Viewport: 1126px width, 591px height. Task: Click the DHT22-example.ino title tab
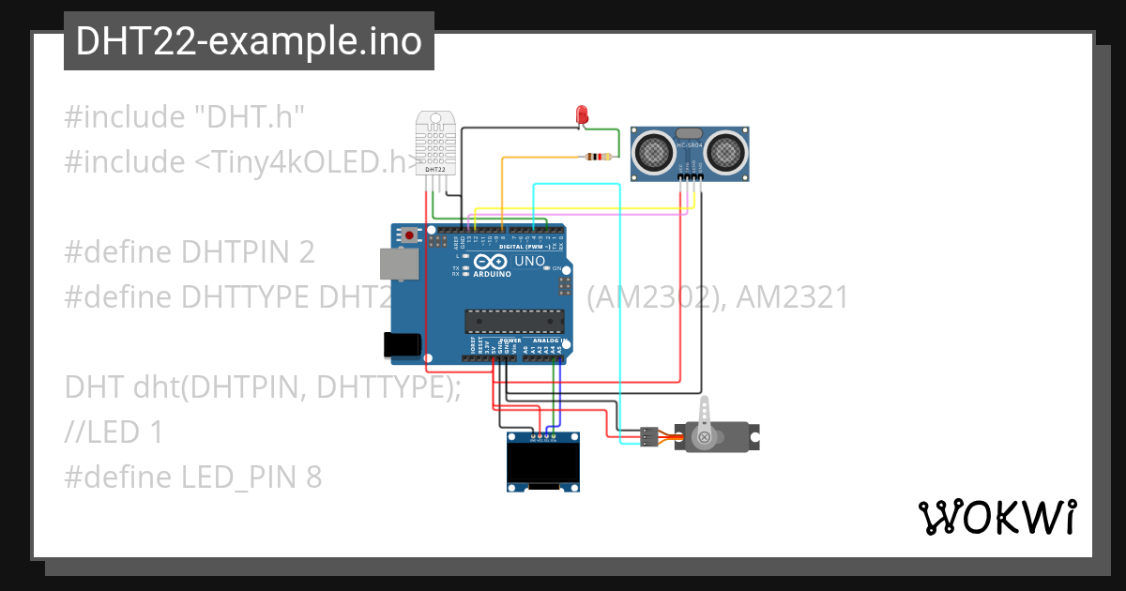coord(249,41)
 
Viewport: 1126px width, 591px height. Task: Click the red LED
coord(582,115)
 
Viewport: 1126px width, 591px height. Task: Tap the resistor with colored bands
coord(598,157)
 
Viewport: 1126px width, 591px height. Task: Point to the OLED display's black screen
coord(541,461)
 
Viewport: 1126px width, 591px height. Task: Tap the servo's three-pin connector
coord(648,435)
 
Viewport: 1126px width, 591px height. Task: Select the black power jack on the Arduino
coord(403,344)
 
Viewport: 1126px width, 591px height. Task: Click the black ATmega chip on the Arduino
coord(514,321)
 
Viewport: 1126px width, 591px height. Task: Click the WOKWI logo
coord(997,517)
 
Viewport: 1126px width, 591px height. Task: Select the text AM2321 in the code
coord(793,297)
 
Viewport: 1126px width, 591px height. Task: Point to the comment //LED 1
coord(114,432)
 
